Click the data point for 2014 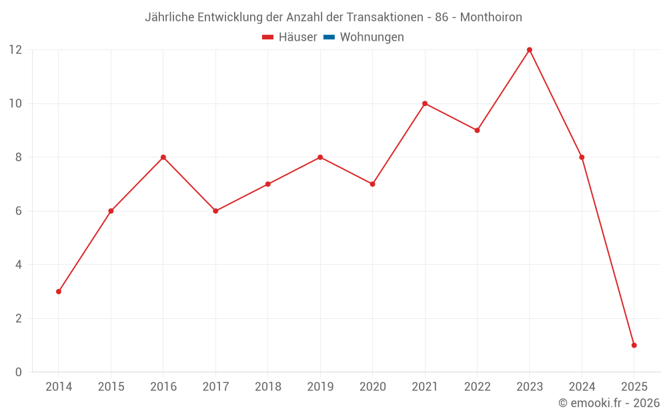(59, 292)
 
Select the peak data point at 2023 (530, 50)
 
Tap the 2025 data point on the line (634, 345)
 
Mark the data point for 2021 (425, 103)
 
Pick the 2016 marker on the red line (163, 157)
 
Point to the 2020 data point (372, 184)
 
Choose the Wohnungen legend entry (372, 37)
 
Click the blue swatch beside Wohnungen (329, 37)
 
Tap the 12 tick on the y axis (15, 50)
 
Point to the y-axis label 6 (19, 211)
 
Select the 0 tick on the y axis (19, 372)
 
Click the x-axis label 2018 (267, 387)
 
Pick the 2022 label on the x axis (477, 387)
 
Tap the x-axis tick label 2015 (111, 387)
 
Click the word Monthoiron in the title (491, 17)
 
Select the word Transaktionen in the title (382, 17)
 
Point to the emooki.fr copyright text (608, 403)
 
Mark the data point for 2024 (582, 157)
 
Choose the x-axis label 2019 (320, 387)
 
